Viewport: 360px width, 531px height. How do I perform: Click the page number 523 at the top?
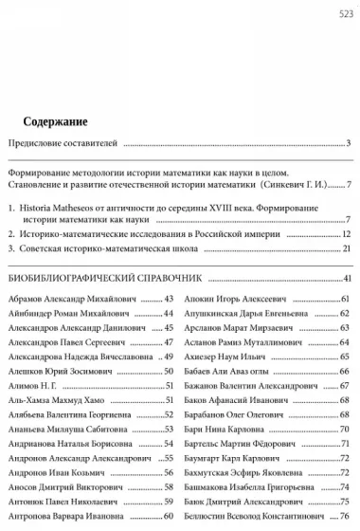click(345, 13)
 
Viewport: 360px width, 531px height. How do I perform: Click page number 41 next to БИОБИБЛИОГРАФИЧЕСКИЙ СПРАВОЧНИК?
click(348, 278)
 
